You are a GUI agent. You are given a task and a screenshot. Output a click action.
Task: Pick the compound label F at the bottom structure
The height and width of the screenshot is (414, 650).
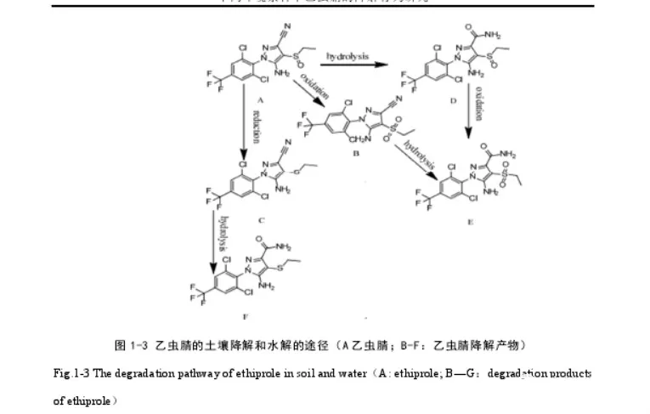click(x=246, y=315)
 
